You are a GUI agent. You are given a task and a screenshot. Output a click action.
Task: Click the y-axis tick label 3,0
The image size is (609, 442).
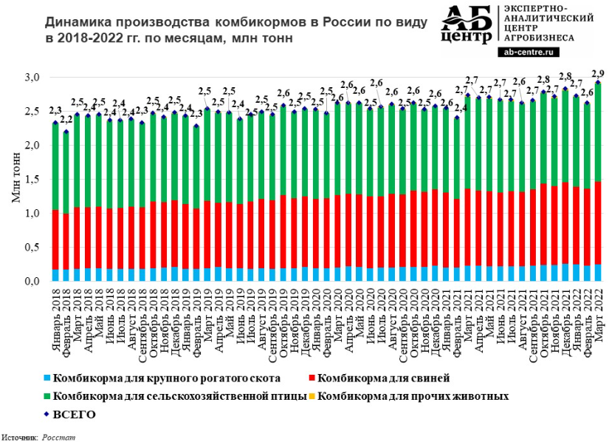pos(32,78)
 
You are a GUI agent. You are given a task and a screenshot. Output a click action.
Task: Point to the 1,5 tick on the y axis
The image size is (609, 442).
pos(32,180)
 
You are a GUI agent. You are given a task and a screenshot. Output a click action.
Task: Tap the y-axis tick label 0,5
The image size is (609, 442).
pos(32,248)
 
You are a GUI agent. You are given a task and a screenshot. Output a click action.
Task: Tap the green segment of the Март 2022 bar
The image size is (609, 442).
pos(596,133)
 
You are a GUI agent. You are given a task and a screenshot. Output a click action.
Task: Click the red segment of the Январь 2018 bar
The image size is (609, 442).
pos(55,229)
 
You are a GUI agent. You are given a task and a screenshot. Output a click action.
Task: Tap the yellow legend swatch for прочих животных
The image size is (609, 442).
pos(314,396)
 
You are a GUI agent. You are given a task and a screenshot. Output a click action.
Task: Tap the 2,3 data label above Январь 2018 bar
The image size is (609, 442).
pos(55,112)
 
